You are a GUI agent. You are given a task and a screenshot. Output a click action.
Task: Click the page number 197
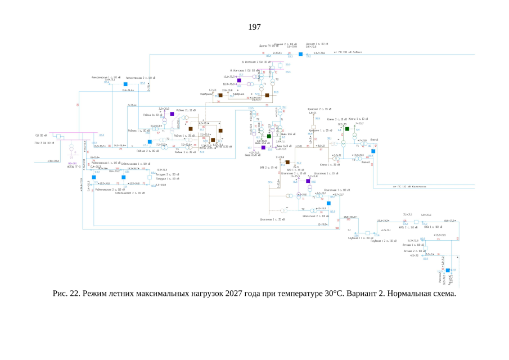[x=255, y=27]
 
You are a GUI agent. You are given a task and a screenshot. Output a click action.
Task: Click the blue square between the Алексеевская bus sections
[x=126, y=84]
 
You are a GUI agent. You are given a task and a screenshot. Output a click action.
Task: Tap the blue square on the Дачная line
[x=300, y=55]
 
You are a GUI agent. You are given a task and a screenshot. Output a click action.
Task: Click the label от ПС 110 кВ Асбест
[x=349, y=52]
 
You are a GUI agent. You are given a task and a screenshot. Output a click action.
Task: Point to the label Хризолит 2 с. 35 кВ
[x=317, y=109]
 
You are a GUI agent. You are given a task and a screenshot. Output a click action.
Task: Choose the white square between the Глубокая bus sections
[x=367, y=232]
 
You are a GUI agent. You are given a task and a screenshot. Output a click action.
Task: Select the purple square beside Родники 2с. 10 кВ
[x=172, y=114]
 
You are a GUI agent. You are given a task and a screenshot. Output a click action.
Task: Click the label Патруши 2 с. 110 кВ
[x=167, y=174]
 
